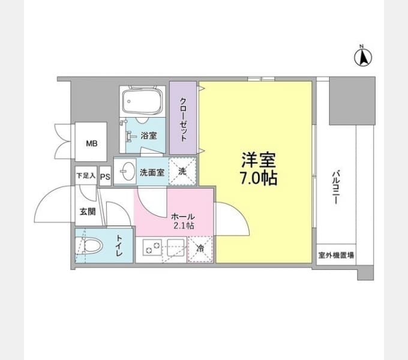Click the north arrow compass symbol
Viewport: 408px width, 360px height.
(363, 56)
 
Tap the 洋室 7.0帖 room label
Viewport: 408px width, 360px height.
(259, 169)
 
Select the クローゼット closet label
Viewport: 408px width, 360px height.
(183, 119)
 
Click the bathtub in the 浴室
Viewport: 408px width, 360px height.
(142, 100)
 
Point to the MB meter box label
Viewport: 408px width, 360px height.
(92, 143)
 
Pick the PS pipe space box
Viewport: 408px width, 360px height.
(105, 176)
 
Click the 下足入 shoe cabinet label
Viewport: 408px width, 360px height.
(86, 176)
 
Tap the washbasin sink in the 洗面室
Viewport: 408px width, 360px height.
(128, 171)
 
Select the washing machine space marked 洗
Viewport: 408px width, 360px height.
(182, 172)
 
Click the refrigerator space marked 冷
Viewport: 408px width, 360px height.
(200, 249)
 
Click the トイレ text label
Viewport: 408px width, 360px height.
(119, 245)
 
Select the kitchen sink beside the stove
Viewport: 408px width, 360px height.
(175, 247)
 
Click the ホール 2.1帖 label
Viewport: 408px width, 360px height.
(183, 221)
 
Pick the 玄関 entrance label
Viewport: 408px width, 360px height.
(88, 212)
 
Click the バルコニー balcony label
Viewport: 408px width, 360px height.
(335, 187)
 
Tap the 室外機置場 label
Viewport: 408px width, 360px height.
(336, 255)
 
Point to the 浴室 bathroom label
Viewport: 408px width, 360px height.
(149, 136)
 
